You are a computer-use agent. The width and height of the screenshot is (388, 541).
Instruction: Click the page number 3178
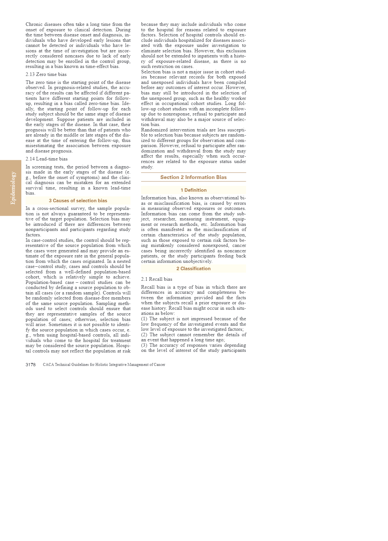[x=31, y=365]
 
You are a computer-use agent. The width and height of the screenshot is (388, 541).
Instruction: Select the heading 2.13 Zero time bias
[x=46, y=74]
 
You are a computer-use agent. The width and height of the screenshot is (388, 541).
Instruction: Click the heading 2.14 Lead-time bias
[x=47, y=159]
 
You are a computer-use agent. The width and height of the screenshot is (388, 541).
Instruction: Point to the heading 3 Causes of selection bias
[x=78, y=201]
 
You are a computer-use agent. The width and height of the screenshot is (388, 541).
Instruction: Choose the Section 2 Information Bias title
[x=193, y=177]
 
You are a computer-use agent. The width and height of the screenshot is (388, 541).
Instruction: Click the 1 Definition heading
[x=193, y=190]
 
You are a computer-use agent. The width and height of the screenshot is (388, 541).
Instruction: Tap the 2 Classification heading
[x=193, y=269]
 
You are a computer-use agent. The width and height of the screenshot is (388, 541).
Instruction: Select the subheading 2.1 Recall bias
[x=156, y=279]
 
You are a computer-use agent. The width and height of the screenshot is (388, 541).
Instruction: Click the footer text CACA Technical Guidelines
[x=104, y=365]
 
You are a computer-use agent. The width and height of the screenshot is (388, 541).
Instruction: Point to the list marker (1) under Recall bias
[x=144, y=319]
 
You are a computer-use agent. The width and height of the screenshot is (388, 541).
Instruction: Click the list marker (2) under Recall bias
[x=144, y=335]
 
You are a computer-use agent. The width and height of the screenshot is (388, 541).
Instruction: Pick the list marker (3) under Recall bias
[x=144, y=345]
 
